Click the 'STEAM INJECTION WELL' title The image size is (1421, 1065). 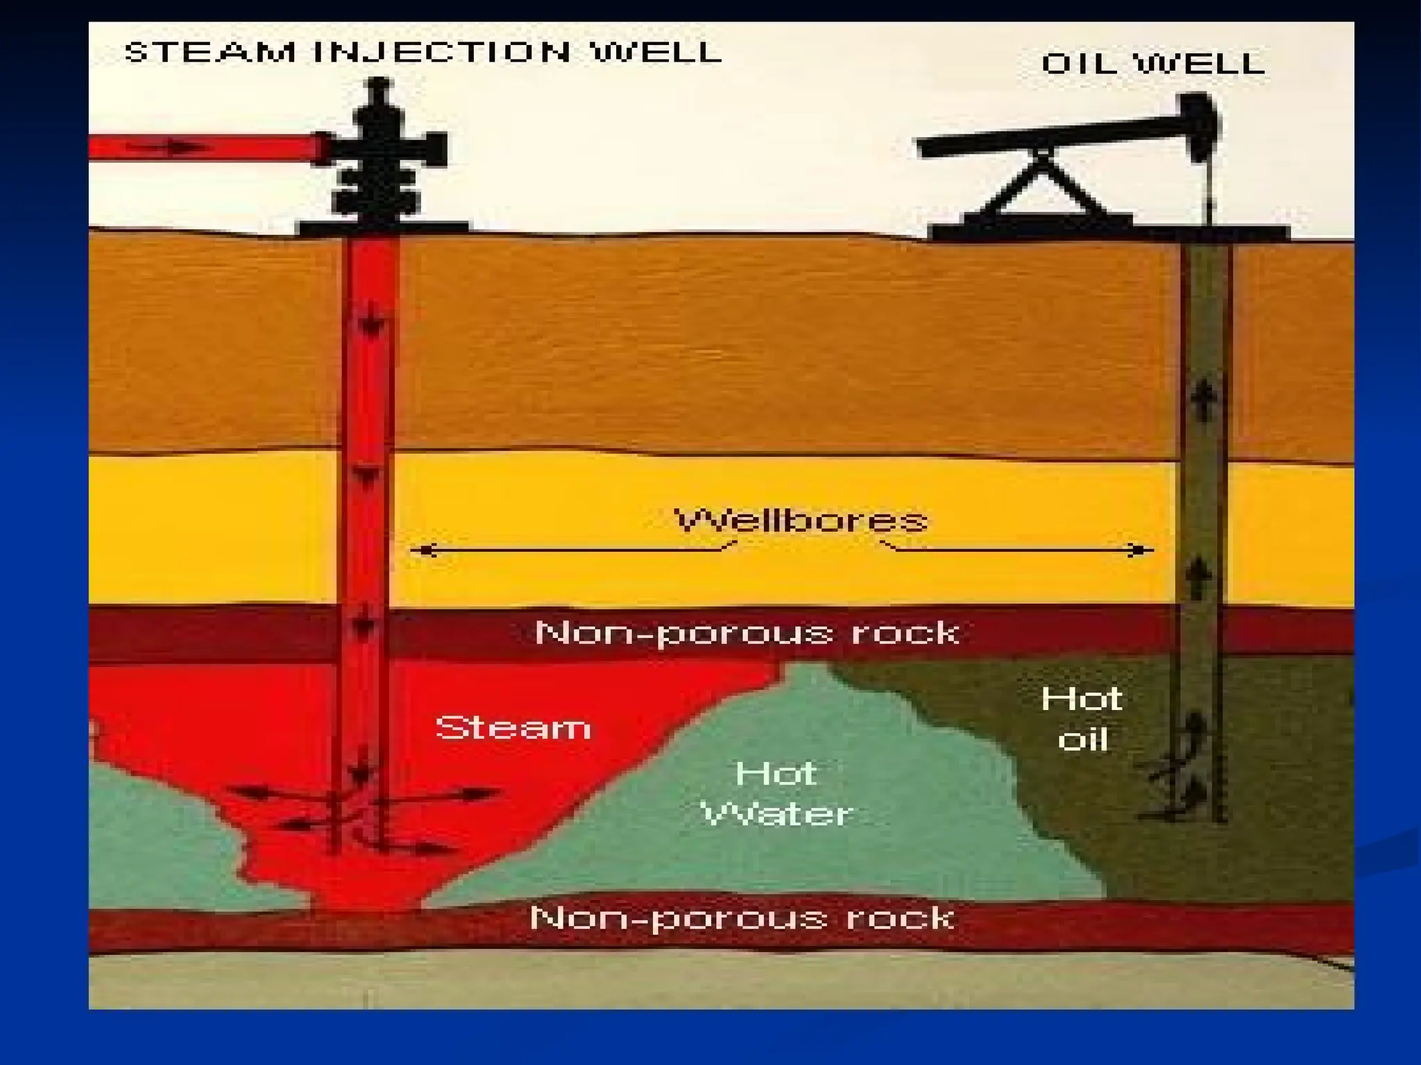pos(423,53)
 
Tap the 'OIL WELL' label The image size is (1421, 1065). pos(1153,64)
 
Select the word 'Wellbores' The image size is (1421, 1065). pos(801,520)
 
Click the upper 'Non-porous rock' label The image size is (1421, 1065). pos(747,632)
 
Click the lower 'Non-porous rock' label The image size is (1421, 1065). pos(742,918)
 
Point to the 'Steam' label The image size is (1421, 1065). pos(513,727)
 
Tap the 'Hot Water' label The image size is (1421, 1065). pos(776,794)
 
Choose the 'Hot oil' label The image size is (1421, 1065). pos(1082,719)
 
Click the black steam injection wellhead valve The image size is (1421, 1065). pos(380,149)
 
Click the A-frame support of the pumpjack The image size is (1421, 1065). pos(1041,184)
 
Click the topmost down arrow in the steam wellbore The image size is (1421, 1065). pos(370,322)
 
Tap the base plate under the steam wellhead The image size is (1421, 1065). pos(382,227)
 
